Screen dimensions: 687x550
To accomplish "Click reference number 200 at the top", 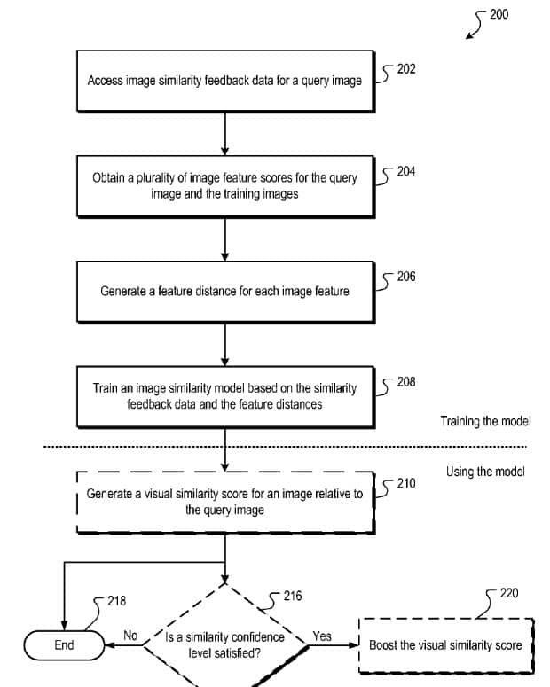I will pos(499,14).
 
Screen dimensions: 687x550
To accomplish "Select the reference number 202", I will pos(406,69).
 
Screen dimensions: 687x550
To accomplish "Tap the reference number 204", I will pos(406,171).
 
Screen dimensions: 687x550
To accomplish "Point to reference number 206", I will pos(406,277).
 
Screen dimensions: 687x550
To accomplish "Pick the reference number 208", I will pos(406,382).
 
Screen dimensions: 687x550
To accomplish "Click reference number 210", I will pos(406,484).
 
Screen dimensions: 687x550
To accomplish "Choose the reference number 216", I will pos(292,597).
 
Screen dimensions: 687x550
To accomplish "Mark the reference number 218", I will pos(116,601).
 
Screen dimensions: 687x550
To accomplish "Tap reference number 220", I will pos(509,593).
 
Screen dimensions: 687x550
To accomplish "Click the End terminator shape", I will pos(64,645).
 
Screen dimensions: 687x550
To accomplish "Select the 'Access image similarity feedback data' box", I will pos(224,81).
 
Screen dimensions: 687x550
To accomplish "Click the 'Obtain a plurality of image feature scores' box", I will pos(224,185).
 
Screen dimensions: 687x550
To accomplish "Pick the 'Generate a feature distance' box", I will pos(224,291).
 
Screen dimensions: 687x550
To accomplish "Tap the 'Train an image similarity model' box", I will pos(224,396).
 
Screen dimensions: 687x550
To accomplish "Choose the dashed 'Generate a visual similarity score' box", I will pos(224,502).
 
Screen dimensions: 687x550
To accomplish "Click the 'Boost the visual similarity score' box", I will pos(446,645).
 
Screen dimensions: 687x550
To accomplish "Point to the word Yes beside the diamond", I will pos(322,636).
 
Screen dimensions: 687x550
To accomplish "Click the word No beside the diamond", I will pos(130,636).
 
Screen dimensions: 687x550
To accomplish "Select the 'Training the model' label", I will pos(485,422).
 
